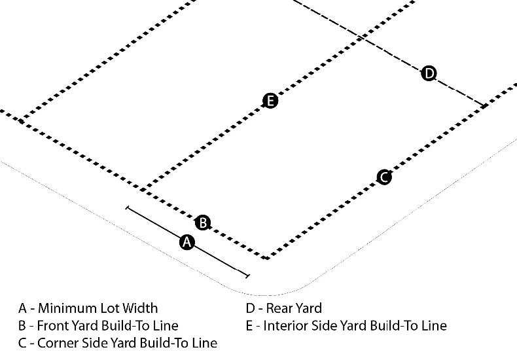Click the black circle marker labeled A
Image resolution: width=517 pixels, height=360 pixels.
click(187, 242)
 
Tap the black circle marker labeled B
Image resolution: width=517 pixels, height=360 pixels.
click(204, 223)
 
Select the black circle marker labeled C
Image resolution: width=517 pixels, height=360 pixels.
click(384, 177)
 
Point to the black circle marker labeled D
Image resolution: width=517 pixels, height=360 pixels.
click(429, 73)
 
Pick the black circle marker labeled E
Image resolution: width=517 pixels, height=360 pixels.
click(270, 101)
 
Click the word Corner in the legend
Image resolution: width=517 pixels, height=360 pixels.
click(58, 342)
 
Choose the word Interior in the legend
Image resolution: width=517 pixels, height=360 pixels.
click(285, 325)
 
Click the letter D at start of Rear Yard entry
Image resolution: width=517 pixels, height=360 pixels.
click(250, 308)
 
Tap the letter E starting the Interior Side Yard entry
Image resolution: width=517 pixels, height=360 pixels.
click(249, 325)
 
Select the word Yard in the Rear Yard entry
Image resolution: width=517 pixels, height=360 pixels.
click(308, 308)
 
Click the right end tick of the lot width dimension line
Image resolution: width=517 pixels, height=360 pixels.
click(247, 276)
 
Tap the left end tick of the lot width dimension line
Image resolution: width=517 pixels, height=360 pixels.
click(127, 209)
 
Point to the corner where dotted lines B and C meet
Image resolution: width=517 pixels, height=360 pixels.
click(266, 258)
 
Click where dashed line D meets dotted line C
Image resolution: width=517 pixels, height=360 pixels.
click(483, 105)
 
